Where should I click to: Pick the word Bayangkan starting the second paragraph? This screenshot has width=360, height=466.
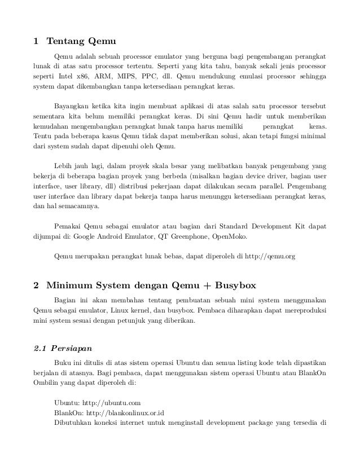(x=72, y=106)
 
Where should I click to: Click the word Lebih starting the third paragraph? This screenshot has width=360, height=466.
(x=63, y=166)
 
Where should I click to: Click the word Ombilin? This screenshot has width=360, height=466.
(x=48, y=384)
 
